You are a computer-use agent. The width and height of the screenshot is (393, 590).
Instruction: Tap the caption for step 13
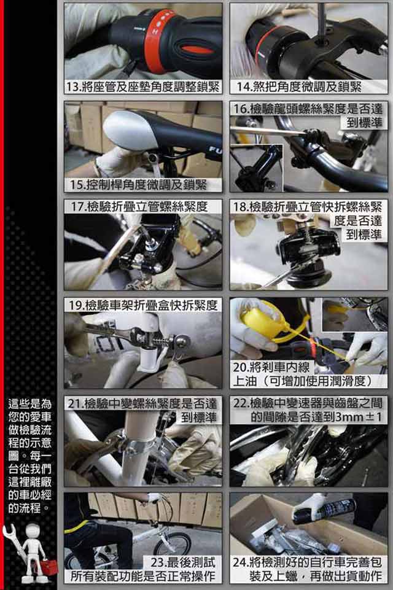tap(142, 87)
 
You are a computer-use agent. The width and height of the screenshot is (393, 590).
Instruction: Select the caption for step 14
tap(298, 87)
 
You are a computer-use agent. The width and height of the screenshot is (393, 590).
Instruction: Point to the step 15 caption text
tap(138, 185)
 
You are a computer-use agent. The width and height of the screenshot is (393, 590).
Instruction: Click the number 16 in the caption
tap(240, 109)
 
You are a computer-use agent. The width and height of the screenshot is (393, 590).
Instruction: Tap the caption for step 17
tap(139, 206)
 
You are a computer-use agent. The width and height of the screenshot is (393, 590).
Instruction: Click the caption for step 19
tap(142, 305)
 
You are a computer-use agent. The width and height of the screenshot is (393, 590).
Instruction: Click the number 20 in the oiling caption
tap(239, 367)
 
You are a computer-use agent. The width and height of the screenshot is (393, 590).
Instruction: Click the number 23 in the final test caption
tap(158, 562)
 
